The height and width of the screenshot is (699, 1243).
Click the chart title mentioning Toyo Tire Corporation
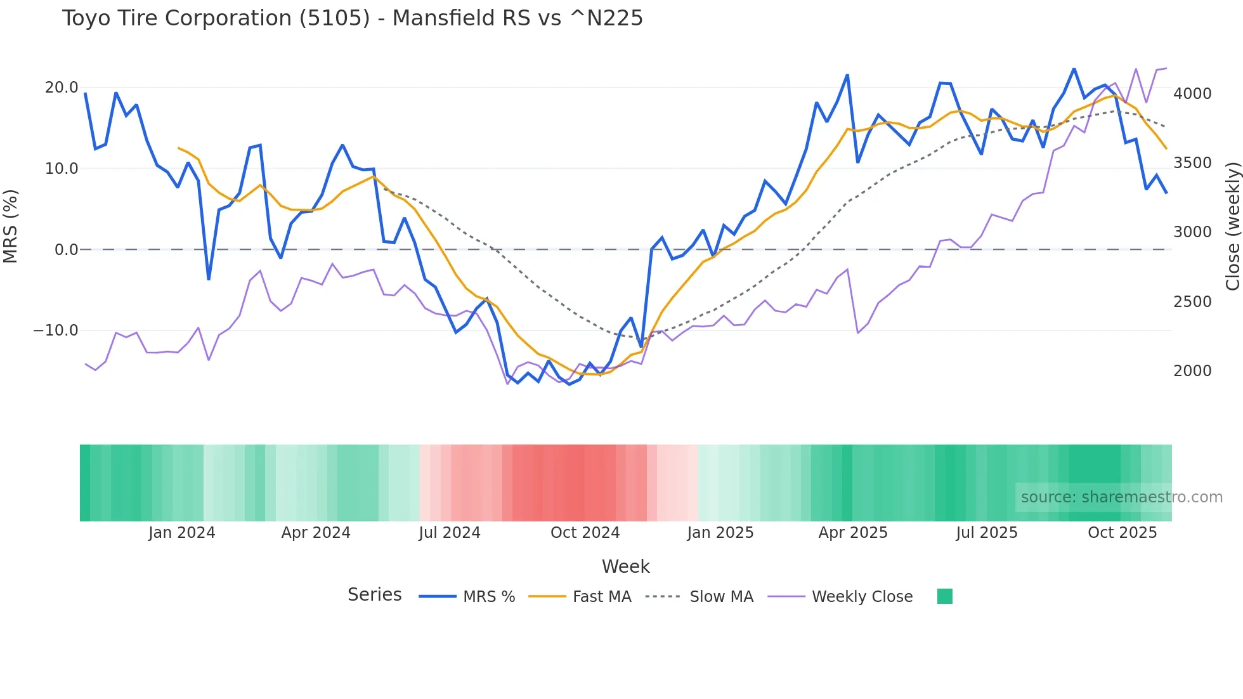point(352,18)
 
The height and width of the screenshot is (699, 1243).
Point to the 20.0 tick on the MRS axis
point(62,88)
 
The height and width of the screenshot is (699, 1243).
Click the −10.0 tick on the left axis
point(56,330)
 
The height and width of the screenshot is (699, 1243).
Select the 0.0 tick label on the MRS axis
point(67,250)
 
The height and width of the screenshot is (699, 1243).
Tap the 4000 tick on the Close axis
point(1192,94)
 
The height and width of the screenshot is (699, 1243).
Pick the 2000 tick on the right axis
point(1192,371)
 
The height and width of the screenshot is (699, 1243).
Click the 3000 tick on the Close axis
point(1192,232)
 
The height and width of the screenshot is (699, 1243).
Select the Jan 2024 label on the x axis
point(182,533)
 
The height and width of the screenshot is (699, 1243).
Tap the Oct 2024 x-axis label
point(585,533)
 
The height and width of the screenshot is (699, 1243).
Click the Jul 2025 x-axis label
point(987,533)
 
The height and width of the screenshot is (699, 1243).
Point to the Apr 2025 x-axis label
point(853,533)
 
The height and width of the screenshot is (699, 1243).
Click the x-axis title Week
point(625,566)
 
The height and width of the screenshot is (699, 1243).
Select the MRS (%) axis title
point(11,226)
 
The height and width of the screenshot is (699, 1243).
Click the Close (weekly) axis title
point(1232,226)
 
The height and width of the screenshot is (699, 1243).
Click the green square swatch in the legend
point(944,596)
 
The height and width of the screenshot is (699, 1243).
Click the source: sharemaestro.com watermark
point(1121,497)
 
